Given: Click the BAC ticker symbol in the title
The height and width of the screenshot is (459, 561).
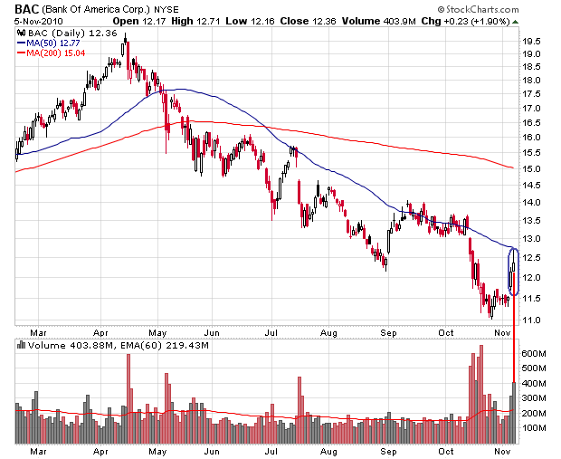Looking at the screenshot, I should click(27, 8).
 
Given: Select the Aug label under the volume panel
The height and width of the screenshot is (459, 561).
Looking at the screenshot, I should click(328, 450).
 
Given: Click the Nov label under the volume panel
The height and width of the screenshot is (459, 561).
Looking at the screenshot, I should click(502, 450).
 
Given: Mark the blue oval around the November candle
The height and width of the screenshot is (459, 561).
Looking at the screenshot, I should click(514, 272).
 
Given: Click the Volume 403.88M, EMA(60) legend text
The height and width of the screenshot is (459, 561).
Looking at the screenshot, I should click(118, 346).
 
